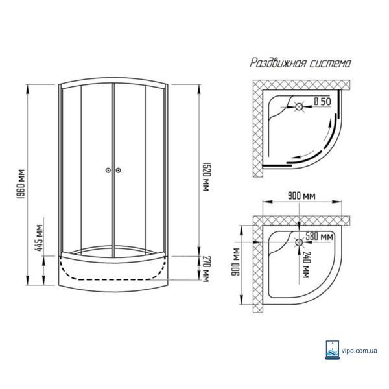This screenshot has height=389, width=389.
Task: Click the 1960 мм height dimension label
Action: pos(21,184)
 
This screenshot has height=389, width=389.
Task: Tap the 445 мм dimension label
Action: pos(40,238)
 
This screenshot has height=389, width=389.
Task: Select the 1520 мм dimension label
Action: pos(206,177)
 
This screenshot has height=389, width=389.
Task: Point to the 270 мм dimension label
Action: pos(206,269)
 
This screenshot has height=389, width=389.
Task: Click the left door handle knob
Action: pos(108,170)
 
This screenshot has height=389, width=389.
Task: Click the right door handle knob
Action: pos(119,170)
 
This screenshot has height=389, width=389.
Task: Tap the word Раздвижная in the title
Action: pos(277,63)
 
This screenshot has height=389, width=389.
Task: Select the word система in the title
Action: pos(331,64)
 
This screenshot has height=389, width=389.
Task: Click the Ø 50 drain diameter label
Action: pos(322,102)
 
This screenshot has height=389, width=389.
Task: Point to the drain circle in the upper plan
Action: pos(299,107)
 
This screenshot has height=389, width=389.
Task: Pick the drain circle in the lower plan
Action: pos(299,242)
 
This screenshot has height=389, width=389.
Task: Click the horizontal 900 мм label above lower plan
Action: pos(301,196)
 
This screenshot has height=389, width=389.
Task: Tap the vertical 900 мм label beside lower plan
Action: pos(235,262)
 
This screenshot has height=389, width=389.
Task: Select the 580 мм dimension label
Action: pos(319,237)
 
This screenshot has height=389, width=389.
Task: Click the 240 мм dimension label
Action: pos(306,265)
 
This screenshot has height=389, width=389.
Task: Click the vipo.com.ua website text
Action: pos(359,351)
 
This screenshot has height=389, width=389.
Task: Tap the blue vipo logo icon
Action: pos(333,350)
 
